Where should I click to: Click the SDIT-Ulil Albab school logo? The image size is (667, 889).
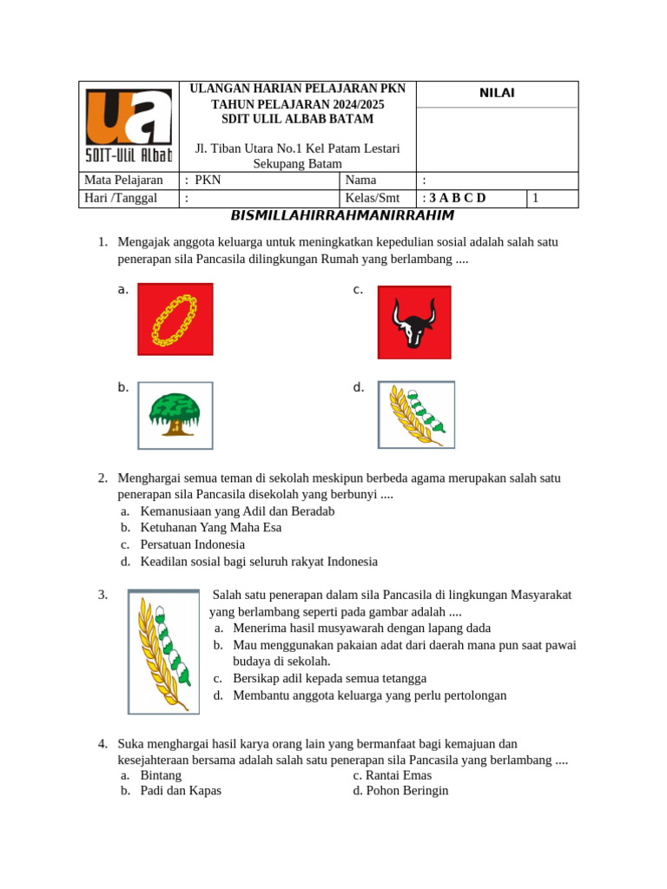[129, 128]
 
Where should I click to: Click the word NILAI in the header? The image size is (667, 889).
[497, 94]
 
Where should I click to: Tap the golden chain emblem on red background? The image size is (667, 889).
[175, 319]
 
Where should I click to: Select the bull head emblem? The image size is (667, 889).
[413, 322]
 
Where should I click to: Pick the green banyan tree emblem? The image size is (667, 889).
[175, 415]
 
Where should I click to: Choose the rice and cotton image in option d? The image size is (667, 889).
[416, 414]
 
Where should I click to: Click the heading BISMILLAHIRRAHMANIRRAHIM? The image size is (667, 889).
[342, 215]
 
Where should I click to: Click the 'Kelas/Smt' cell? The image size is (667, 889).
[373, 198]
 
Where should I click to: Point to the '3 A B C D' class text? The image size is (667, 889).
[456, 198]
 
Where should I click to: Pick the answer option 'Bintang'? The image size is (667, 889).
[161, 774]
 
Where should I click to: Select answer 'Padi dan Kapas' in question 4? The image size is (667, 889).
[181, 791]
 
